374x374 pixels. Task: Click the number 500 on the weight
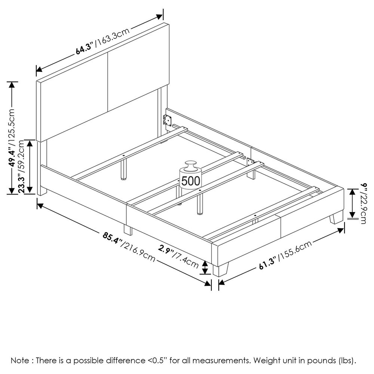tap(191, 181)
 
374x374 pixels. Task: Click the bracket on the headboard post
tap(167, 120)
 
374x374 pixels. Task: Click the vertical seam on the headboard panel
tap(108, 82)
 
